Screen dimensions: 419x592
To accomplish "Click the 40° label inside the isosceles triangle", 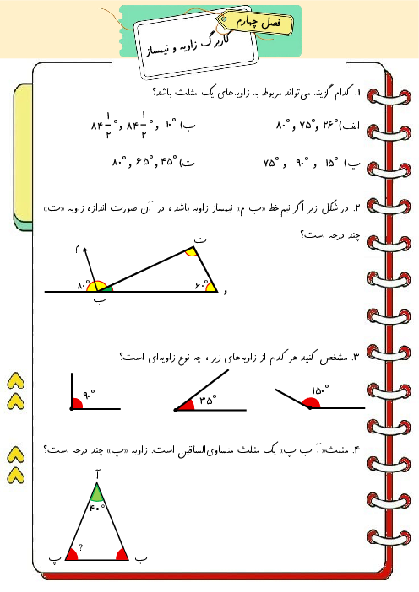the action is click(98, 507).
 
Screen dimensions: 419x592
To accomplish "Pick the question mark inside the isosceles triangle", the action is click(79, 548).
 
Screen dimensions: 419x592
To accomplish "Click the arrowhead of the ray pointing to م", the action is click(84, 250).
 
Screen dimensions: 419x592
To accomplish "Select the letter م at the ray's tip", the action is click(75, 249).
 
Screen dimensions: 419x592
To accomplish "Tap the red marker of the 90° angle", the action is click(77, 404).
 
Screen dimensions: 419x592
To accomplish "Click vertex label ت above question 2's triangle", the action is click(199, 240).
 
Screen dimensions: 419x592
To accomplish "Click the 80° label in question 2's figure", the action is click(83, 286).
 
